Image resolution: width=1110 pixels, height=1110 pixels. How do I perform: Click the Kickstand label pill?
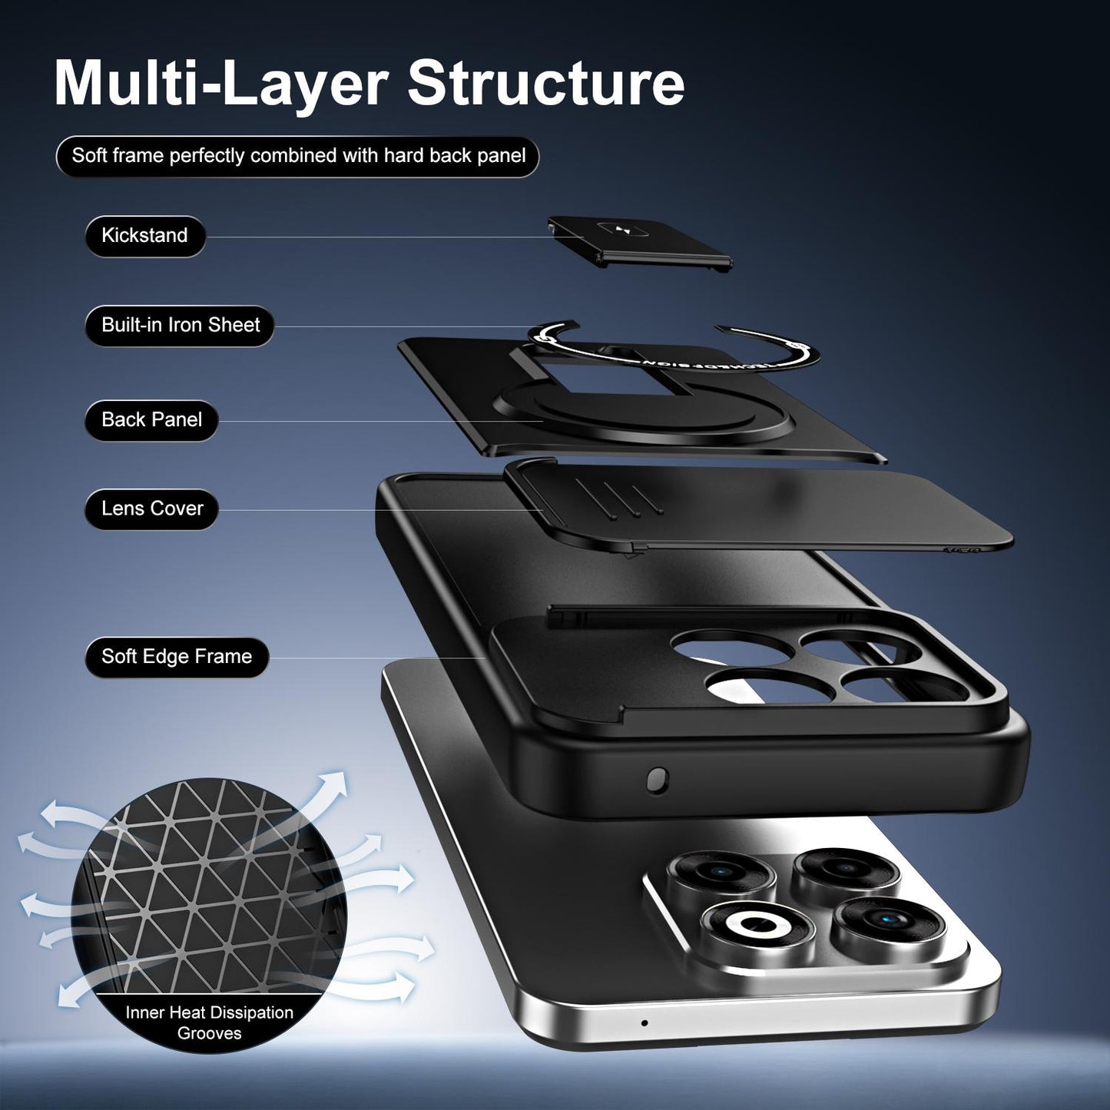click(x=145, y=236)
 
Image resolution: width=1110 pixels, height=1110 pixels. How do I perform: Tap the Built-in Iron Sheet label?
click(x=180, y=326)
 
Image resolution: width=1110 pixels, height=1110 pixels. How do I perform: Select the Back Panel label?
click(x=151, y=420)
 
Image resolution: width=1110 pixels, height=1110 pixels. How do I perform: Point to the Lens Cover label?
click(x=151, y=509)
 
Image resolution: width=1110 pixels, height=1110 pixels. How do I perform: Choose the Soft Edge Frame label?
click(x=177, y=657)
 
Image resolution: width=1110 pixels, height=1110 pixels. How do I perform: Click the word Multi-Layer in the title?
click(x=222, y=84)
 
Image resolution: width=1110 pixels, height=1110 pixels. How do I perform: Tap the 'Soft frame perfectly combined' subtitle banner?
click(x=298, y=156)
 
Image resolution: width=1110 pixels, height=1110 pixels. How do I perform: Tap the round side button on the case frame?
click(x=658, y=780)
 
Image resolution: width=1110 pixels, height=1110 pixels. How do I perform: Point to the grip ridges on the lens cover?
click(x=619, y=495)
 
